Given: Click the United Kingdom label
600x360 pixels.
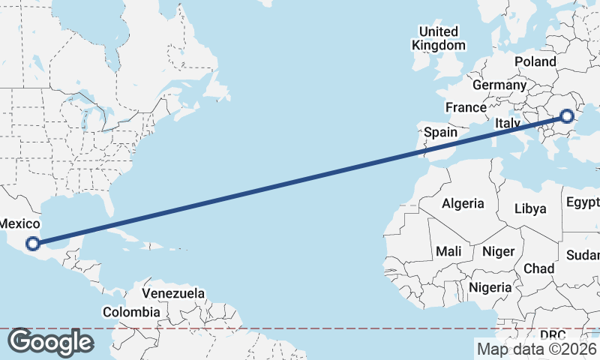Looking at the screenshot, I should click(439, 38).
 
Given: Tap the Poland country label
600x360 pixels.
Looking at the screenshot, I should click(535, 61).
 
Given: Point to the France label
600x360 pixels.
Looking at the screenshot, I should click(466, 107).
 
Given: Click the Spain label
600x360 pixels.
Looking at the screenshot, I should click(440, 132).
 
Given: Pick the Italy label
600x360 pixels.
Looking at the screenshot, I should click(508, 123).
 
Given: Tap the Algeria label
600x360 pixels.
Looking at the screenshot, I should click(463, 203).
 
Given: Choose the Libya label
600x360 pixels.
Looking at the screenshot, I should click(530, 208).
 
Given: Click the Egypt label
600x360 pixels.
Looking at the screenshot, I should click(583, 203).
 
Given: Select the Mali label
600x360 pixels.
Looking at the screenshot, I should click(448, 251).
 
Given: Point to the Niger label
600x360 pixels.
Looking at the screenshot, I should click(497, 251).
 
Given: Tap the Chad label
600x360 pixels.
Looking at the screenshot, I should click(538, 268).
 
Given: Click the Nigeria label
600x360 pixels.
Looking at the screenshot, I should click(490, 287).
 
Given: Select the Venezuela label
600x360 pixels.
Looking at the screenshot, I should click(173, 292).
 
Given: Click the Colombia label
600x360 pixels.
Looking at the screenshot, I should click(131, 312).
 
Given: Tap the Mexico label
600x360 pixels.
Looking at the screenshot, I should click(19, 223).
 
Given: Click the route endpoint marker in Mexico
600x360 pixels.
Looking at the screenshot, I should click(32, 243).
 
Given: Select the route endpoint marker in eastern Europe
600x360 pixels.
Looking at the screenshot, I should click(567, 116).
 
